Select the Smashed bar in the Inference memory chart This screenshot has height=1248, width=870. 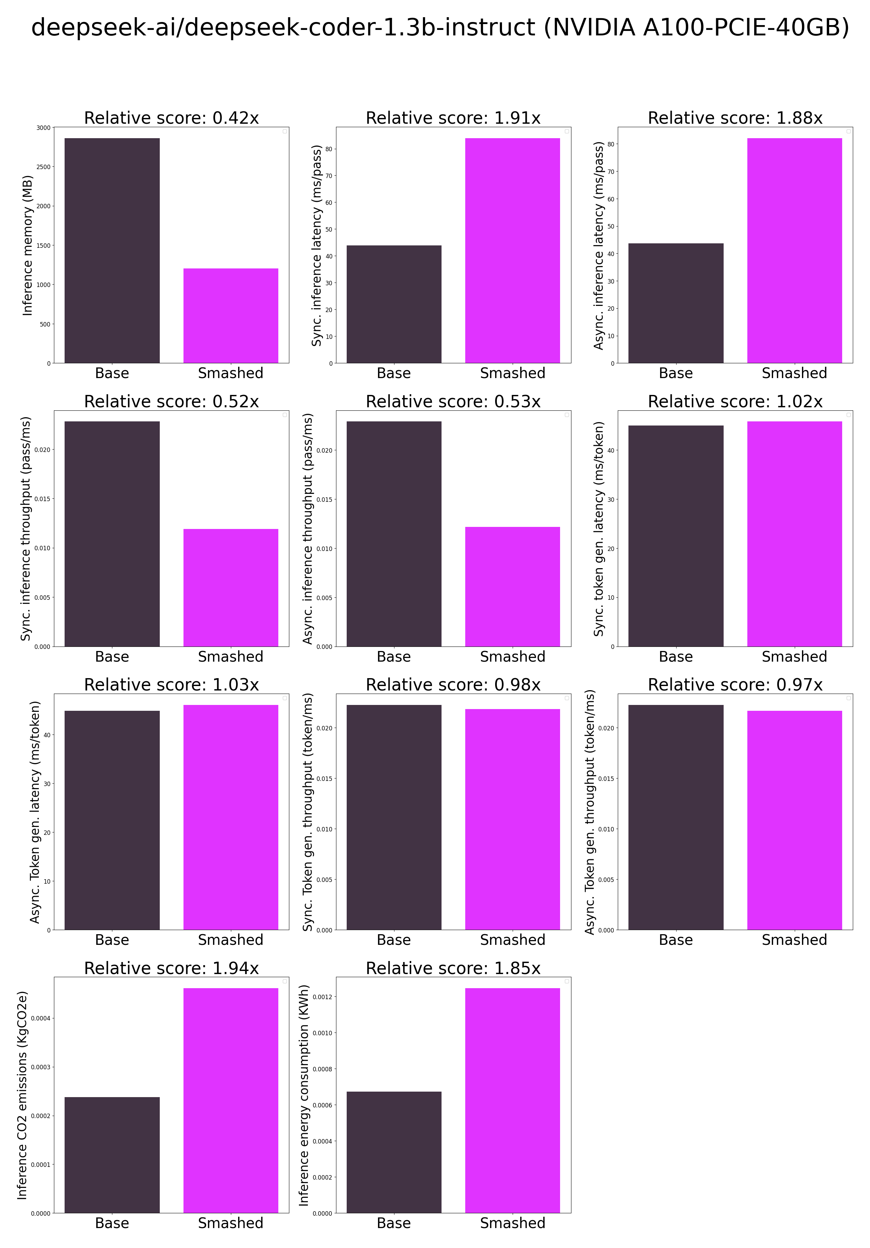point(231,315)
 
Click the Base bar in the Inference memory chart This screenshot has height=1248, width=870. point(112,250)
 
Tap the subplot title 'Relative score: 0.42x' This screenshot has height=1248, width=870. point(171,118)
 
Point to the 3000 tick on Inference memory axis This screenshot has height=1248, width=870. point(44,128)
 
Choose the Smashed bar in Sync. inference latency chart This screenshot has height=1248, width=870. point(512,250)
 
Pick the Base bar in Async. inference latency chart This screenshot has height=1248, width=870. point(676,303)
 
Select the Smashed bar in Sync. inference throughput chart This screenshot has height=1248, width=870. point(231,587)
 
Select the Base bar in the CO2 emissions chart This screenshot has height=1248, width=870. point(112,1155)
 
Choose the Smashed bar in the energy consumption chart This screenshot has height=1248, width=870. point(512,1101)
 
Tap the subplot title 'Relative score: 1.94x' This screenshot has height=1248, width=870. point(171,968)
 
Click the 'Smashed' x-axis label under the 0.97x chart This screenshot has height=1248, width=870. point(794,940)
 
